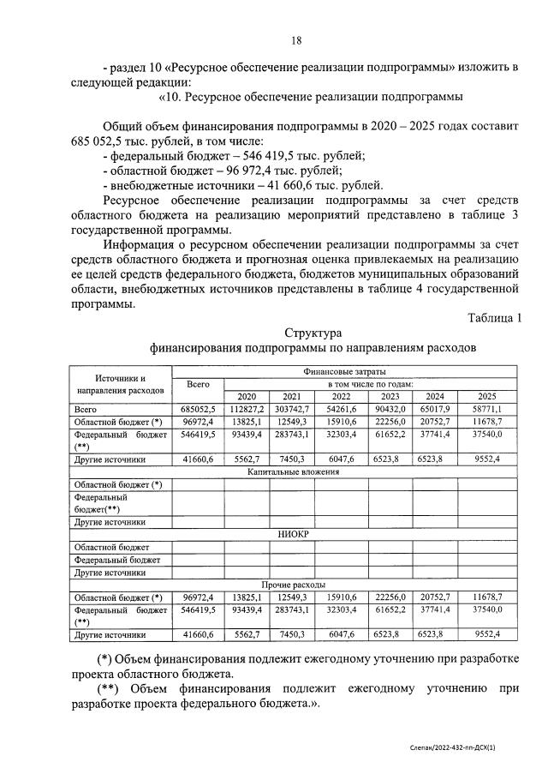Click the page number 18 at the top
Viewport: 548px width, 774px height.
pyautogui.click(x=296, y=40)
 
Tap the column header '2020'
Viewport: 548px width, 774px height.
pyautogui.click(x=246, y=397)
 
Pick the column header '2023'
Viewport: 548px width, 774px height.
pyautogui.click(x=390, y=397)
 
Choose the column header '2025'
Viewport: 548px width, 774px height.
pyautogui.click(x=486, y=397)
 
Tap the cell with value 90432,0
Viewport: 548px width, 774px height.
pyautogui.click(x=390, y=410)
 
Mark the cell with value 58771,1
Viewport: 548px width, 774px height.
pyautogui.click(x=486, y=410)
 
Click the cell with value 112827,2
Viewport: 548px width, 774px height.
pyautogui.click(x=247, y=410)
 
